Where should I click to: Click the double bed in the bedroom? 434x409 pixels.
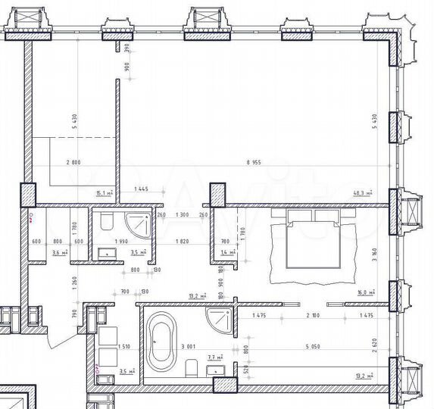point(312,245)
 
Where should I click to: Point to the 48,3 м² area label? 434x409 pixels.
point(364,194)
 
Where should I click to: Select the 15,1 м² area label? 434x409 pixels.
point(104,194)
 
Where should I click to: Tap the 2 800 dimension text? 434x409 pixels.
point(73,162)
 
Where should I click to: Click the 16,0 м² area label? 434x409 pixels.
point(366,291)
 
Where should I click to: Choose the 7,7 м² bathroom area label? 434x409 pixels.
point(214,356)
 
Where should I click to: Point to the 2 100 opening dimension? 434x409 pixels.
point(313,315)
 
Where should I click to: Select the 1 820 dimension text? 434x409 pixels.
point(181,242)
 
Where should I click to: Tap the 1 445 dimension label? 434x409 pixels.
point(141,189)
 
